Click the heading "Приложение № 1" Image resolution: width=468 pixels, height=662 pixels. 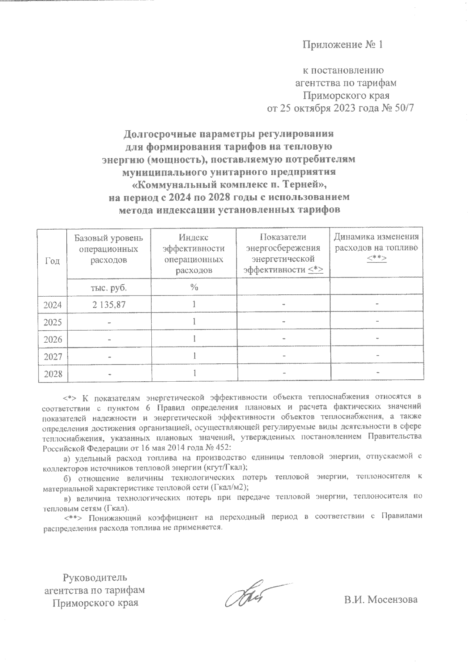click(x=343, y=45)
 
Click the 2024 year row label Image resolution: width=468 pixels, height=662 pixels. click(x=53, y=304)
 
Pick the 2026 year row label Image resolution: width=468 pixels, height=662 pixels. click(x=53, y=339)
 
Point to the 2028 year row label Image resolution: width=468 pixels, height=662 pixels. click(x=53, y=374)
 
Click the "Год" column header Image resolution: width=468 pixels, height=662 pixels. click(x=53, y=261)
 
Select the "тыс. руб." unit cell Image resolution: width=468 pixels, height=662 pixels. click(x=108, y=288)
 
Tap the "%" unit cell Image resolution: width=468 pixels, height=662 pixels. click(x=194, y=287)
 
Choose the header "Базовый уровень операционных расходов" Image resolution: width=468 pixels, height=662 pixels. click(x=108, y=248)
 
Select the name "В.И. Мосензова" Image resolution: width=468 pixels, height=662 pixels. click(x=381, y=599)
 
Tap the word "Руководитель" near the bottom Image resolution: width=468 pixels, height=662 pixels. click(x=95, y=577)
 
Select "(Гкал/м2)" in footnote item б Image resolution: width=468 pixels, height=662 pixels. click(x=229, y=487)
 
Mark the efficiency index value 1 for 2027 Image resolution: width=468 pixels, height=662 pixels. click(x=194, y=356)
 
